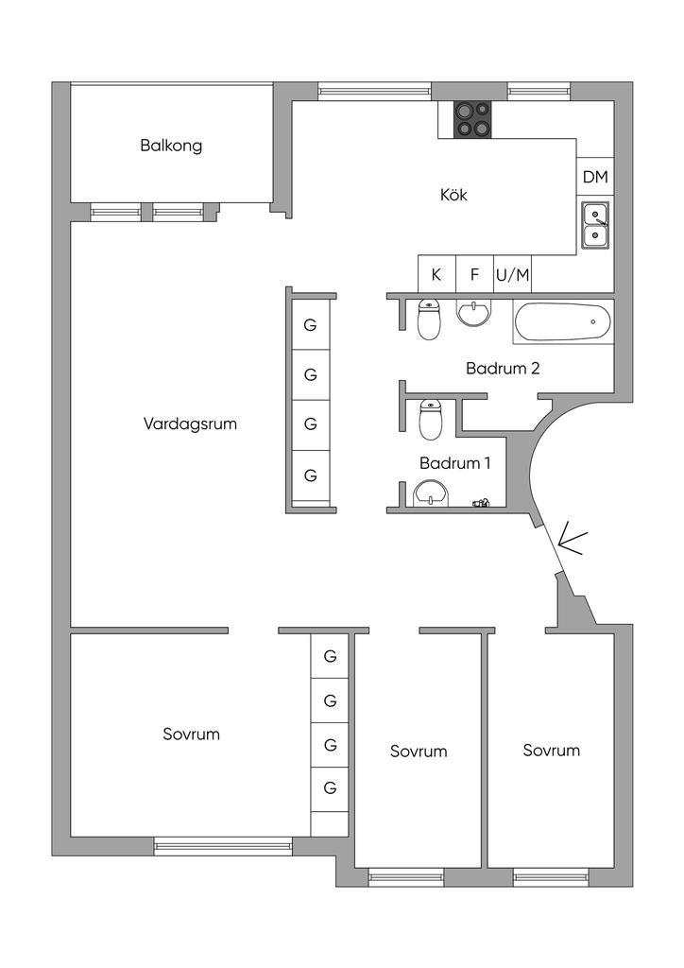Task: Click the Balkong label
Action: click(171, 146)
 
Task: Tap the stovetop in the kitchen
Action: click(473, 119)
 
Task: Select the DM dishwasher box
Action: click(595, 177)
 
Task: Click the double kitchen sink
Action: click(595, 225)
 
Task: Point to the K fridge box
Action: click(436, 274)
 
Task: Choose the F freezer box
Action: click(474, 274)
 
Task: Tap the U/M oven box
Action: click(513, 274)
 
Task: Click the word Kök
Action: click(453, 195)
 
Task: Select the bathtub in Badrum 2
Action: click(561, 321)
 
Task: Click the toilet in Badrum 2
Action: click(430, 320)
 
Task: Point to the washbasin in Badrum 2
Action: click(474, 312)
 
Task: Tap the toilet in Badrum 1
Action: click(431, 420)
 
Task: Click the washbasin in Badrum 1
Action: click(431, 494)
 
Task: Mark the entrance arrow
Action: click(572, 543)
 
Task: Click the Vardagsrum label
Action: click(190, 424)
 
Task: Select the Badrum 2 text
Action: click(503, 369)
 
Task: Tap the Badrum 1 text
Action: click(455, 463)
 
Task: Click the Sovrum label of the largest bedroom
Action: click(191, 734)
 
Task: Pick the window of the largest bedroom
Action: click(223, 846)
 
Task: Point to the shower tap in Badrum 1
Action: click(481, 503)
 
